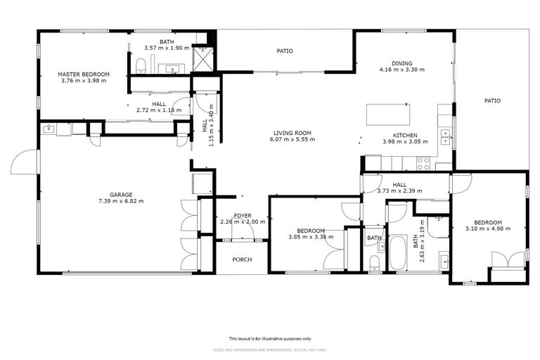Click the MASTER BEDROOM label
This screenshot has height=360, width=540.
(84, 74)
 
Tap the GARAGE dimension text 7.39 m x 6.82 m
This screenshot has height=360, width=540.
(126, 201)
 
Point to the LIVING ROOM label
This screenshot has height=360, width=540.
(292, 133)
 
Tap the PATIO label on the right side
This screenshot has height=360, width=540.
(492, 101)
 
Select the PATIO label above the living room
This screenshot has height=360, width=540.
(284, 51)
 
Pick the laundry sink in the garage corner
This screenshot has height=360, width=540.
(49, 129)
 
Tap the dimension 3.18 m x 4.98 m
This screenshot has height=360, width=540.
(487, 228)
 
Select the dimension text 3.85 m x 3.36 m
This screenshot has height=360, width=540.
(310, 237)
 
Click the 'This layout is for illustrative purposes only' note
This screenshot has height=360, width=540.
(269, 338)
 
